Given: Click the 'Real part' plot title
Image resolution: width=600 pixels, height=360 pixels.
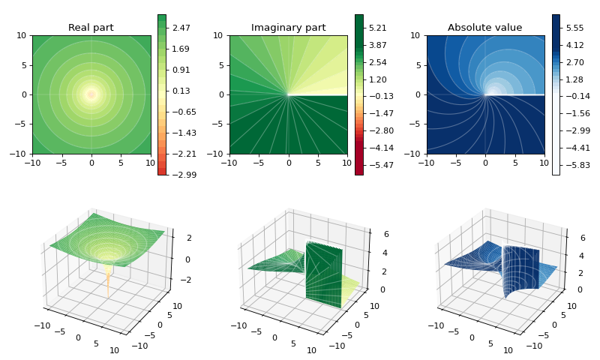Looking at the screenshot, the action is click(91, 28).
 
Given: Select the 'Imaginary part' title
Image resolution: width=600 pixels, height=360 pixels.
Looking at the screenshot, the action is click(288, 28).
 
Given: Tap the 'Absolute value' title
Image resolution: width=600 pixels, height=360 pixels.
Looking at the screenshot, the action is click(484, 28).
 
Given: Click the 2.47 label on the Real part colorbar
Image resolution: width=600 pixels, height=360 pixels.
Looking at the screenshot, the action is click(181, 28).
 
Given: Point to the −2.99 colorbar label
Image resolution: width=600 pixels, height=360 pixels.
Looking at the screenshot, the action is click(181, 175).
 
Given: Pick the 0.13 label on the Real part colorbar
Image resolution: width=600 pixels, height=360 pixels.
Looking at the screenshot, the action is click(181, 91).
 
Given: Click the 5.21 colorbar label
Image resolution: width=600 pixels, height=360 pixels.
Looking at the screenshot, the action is click(378, 28).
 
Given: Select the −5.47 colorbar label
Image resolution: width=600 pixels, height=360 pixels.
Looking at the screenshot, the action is click(379, 165).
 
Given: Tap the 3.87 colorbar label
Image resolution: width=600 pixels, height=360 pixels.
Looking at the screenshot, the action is click(378, 45).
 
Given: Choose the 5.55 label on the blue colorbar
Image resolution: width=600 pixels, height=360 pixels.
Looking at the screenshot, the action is click(575, 28).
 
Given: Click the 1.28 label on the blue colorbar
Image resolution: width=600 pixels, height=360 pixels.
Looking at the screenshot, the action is click(575, 79).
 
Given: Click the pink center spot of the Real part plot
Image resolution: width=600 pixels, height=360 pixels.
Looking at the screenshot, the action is click(91, 94).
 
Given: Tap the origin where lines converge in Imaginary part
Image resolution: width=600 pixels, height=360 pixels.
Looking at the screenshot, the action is click(289, 94).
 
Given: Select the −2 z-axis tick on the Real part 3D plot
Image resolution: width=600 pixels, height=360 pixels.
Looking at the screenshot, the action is click(186, 280).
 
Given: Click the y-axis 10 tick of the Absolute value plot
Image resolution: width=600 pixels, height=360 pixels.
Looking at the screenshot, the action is click(415, 35).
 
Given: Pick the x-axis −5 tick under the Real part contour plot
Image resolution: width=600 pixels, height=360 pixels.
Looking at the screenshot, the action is click(61, 163).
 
